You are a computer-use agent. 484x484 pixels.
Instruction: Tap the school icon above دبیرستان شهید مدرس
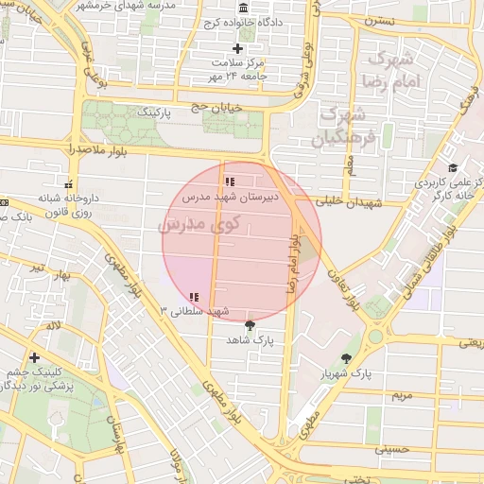click(x=229, y=181)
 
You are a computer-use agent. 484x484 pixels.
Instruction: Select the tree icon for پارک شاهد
click(x=250, y=324)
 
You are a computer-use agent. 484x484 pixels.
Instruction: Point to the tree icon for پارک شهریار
click(x=347, y=359)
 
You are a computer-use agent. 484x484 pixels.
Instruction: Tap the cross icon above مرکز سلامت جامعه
click(x=237, y=48)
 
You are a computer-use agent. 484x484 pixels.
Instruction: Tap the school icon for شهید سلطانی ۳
click(x=194, y=297)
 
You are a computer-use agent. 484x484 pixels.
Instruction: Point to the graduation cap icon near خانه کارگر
click(x=454, y=166)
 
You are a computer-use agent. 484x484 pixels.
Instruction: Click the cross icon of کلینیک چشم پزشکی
click(x=35, y=357)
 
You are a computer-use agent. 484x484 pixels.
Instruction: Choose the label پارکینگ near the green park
click(x=157, y=112)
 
